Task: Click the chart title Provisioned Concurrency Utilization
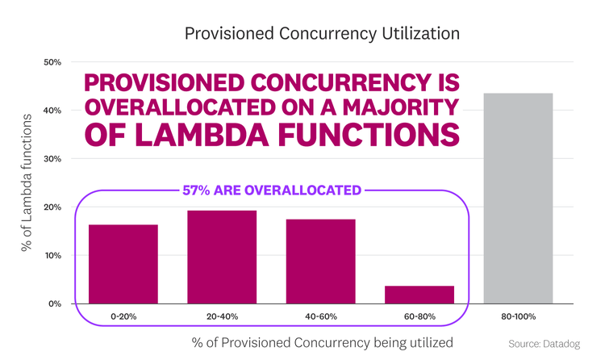click(x=322, y=34)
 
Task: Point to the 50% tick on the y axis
click(x=52, y=62)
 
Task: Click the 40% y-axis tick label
click(x=52, y=111)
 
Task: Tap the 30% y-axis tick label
click(x=52, y=159)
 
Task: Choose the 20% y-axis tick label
click(x=52, y=207)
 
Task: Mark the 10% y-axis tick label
click(x=52, y=256)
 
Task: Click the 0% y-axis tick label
click(x=54, y=304)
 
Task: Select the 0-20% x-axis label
click(x=123, y=316)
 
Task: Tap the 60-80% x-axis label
click(x=419, y=316)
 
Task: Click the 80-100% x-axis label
click(x=518, y=316)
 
